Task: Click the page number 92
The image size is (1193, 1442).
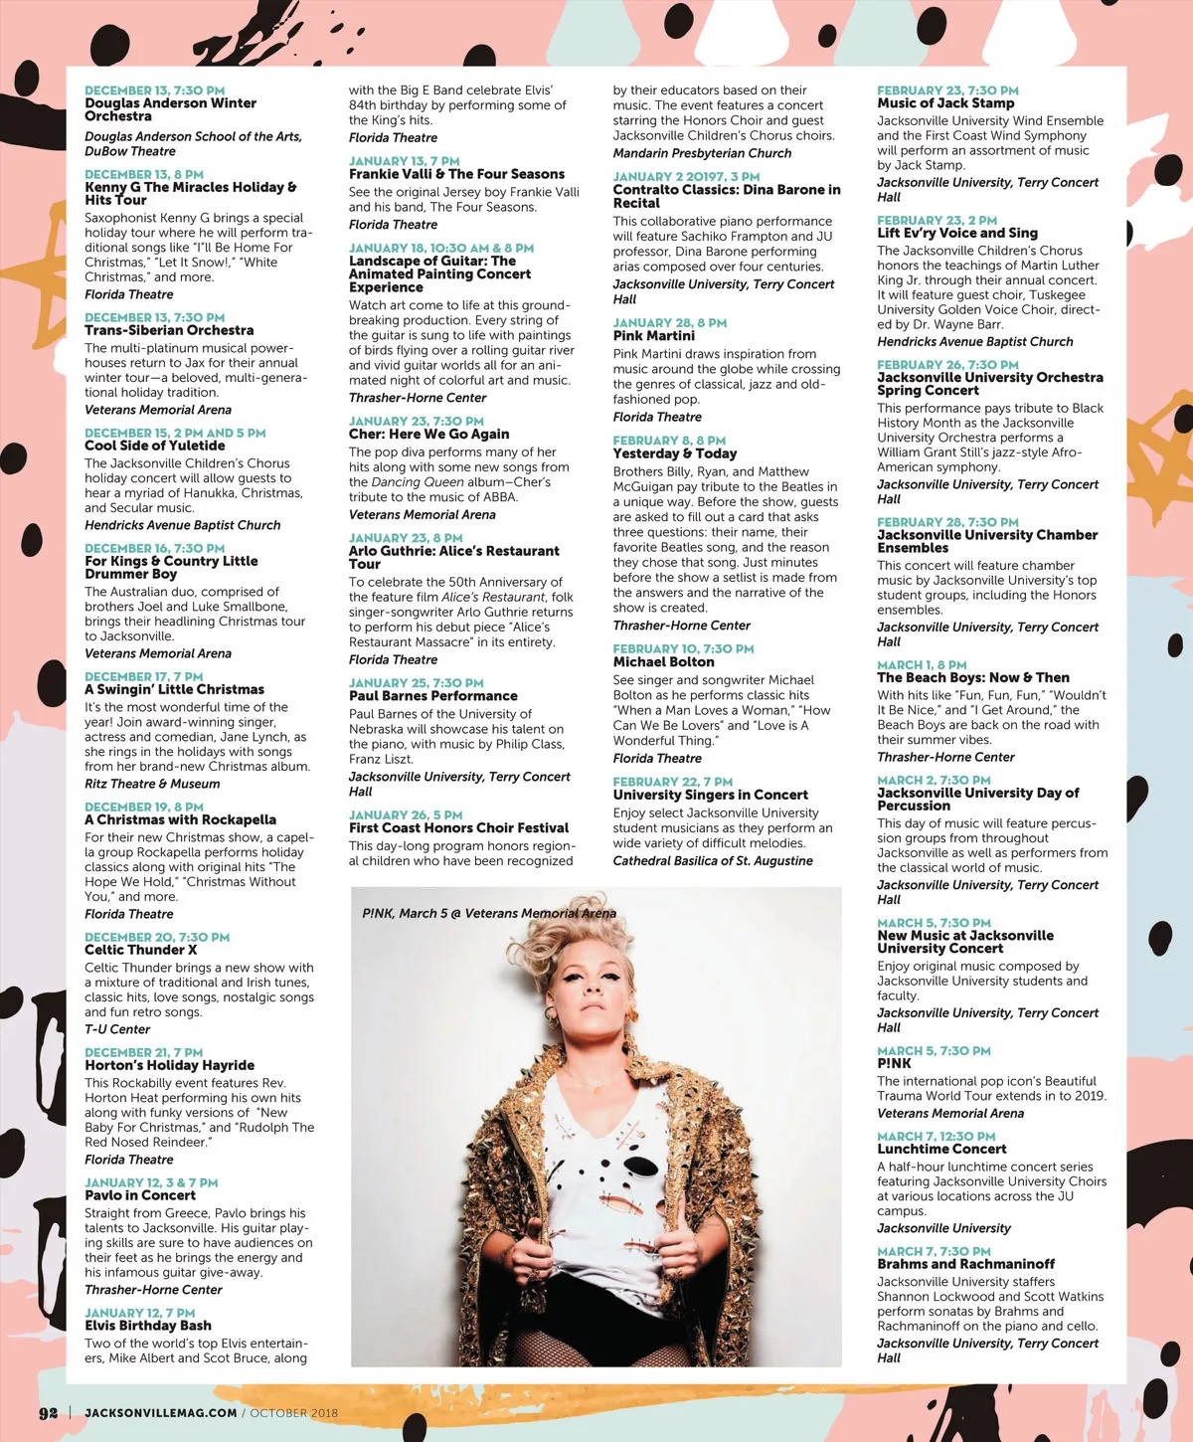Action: (x=49, y=1413)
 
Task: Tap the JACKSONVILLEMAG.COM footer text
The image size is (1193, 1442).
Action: (x=161, y=1413)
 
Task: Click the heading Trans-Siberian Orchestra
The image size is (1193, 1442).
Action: (x=169, y=330)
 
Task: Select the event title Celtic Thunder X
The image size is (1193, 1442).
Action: (x=140, y=950)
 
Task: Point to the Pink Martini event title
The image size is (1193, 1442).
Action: (x=653, y=336)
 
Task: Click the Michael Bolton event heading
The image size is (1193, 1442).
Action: (x=663, y=662)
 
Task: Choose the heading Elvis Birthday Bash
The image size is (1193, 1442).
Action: (x=147, y=1326)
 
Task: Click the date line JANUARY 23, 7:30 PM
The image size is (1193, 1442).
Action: (x=417, y=422)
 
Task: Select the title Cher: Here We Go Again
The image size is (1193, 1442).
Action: (x=428, y=435)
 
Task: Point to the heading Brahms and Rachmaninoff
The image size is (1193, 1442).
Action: (x=965, y=1264)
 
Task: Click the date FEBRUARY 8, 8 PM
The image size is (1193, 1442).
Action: (x=669, y=441)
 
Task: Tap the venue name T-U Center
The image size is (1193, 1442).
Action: (x=117, y=1029)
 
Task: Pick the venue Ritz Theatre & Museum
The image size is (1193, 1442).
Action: (x=152, y=784)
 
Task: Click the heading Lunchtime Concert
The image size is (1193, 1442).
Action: (x=941, y=1149)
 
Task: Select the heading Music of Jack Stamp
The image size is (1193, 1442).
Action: (x=945, y=103)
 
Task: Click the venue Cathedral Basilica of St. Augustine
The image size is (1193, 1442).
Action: (x=713, y=860)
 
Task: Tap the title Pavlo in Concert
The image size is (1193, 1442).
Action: (x=140, y=1195)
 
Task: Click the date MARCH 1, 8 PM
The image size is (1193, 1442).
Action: (x=922, y=664)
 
